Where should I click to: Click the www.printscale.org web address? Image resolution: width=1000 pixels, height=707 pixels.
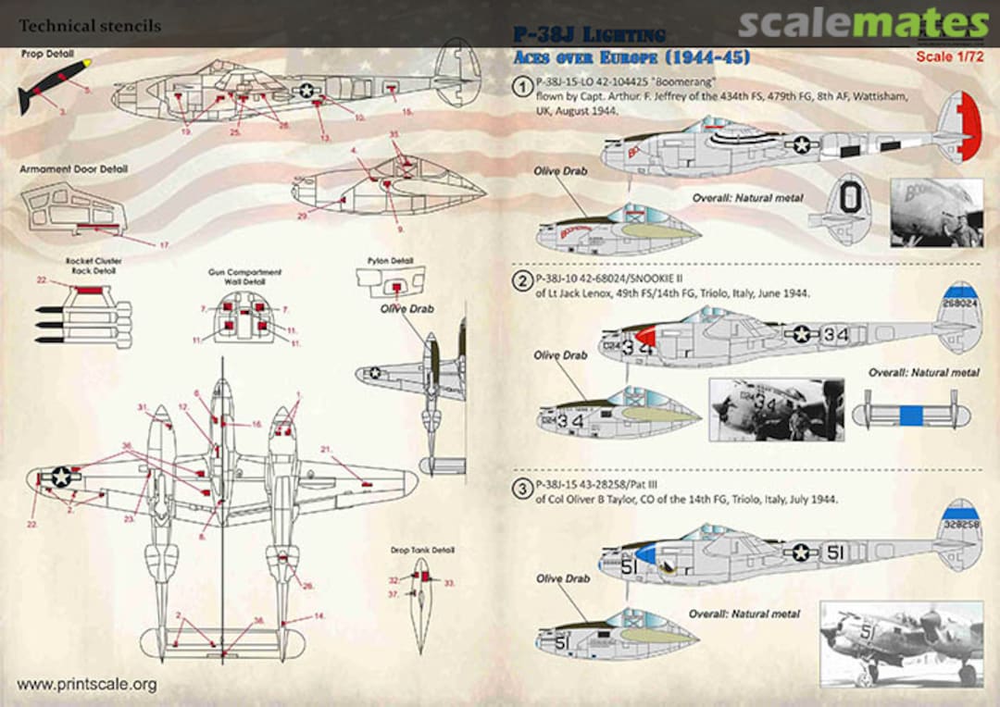click(x=87, y=685)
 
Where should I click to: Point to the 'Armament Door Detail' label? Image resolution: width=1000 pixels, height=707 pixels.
click(x=73, y=169)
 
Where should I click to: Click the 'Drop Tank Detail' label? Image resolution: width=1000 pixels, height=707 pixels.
click(x=423, y=550)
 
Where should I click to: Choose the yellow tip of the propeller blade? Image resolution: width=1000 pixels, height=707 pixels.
click(x=86, y=66)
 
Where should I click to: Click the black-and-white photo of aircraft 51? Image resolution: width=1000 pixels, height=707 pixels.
click(x=901, y=644)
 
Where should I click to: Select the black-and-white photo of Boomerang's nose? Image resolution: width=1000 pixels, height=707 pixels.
click(x=935, y=213)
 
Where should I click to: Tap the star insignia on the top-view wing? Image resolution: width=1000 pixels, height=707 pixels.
click(x=61, y=477)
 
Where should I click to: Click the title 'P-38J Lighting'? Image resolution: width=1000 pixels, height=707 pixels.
click(x=591, y=36)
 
